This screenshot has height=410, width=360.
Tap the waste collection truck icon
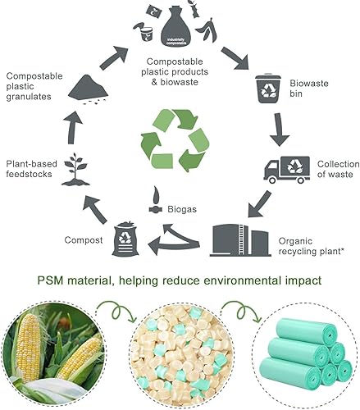(x=285, y=167)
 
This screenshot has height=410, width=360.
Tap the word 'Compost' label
(x=84, y=239)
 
